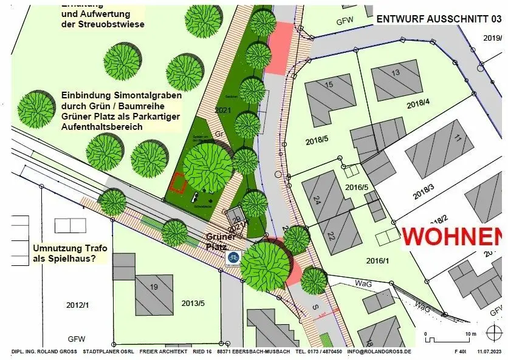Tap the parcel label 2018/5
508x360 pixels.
[317, 141]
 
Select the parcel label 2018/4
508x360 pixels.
[418, 104]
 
